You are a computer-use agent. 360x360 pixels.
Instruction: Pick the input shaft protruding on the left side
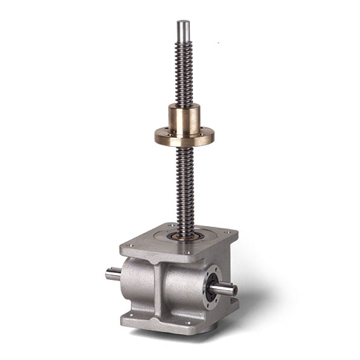pyautogui.click(x=113, y=275)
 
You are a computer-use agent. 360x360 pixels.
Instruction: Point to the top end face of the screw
pyautogui.click(x=183, y=22)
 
